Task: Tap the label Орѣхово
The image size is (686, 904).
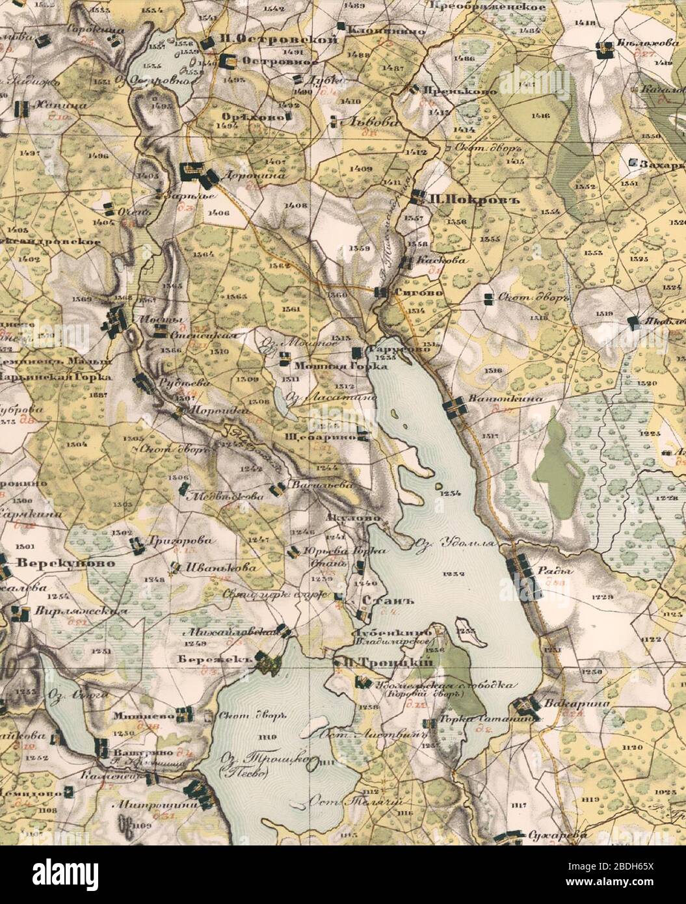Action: point(250,116)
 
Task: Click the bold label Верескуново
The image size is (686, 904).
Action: point(56,563)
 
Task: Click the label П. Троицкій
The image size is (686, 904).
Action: point(388,661)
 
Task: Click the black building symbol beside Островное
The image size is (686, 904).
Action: point(228,62)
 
